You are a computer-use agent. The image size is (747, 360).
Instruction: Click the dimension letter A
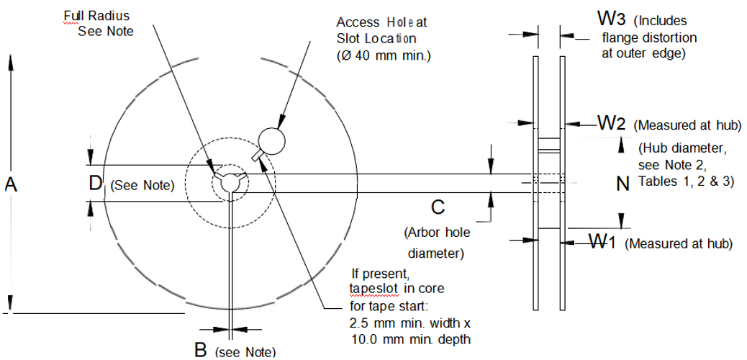(x=11, y=185)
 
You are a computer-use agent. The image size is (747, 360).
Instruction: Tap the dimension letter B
(x=201, y=351)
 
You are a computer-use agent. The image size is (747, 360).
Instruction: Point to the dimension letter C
(x=438, y=207)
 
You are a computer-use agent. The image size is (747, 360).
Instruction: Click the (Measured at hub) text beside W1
(x=679, y=243)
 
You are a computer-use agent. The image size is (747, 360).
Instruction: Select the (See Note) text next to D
(x=143, y=186)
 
